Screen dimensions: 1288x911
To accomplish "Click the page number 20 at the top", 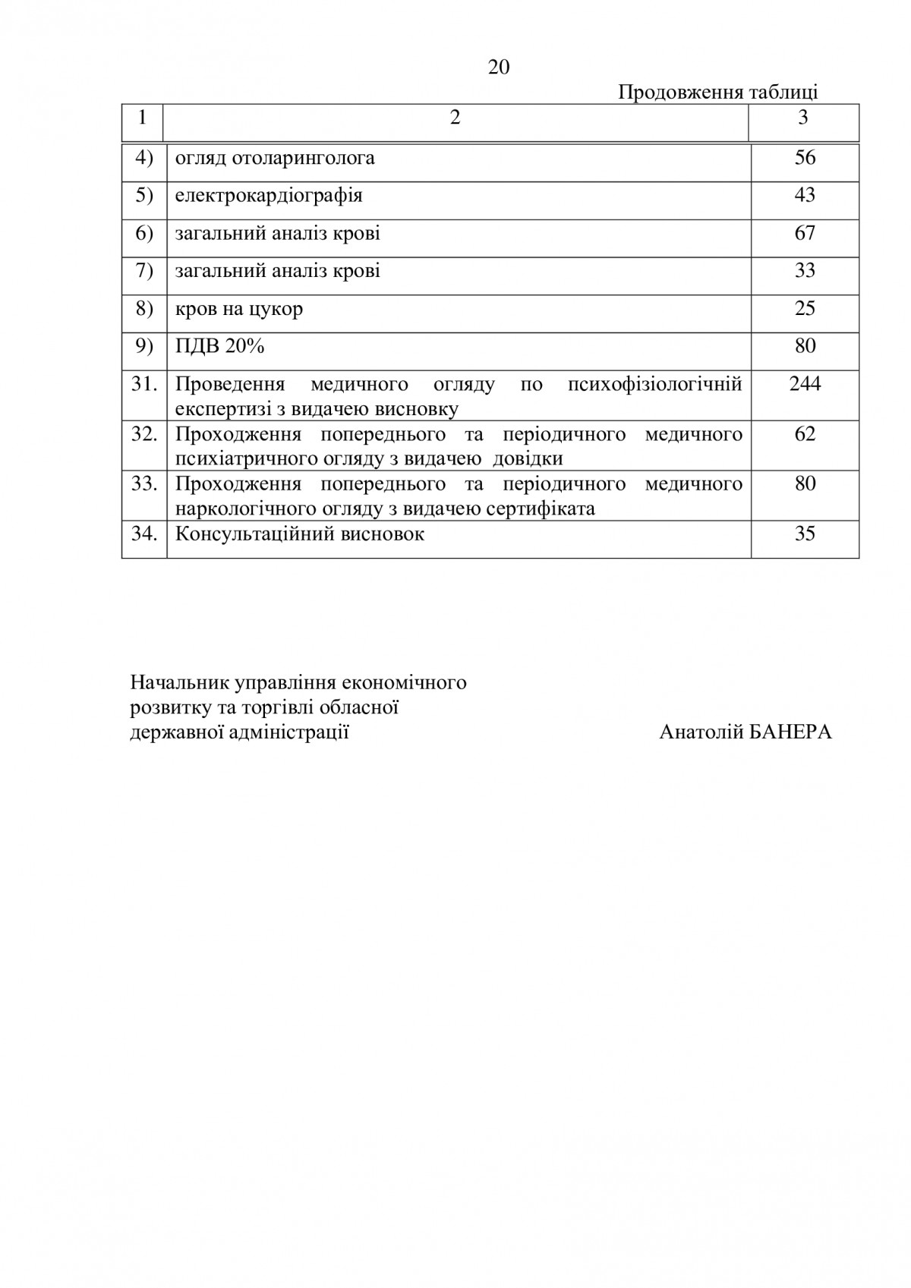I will coord(499,68).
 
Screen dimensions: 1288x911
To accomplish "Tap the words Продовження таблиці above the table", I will coord(717,93).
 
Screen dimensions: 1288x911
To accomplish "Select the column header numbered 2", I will coord(455,118).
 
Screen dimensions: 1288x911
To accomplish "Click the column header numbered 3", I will coord(803,118).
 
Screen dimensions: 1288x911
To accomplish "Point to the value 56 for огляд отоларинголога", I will coord(805,157).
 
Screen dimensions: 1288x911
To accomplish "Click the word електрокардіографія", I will coord(269,195).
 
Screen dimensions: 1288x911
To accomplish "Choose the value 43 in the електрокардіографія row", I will coord(805,195).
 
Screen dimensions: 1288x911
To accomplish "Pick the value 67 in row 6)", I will coord(805,233).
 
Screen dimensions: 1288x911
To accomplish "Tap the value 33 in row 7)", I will coord(805,270).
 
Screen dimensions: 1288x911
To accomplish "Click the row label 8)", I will coord(144,308).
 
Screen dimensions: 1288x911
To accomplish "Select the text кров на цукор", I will coord(239,309).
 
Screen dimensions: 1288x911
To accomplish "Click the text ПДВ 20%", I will coord(219,346).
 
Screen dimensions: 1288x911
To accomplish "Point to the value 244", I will coord(805,383).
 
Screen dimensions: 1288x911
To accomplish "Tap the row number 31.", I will coord(144,383).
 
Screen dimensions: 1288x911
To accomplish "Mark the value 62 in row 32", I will coord(805,434).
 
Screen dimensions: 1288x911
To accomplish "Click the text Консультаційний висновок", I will coord(300,534).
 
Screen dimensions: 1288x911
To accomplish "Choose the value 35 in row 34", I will coord(805,534).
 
